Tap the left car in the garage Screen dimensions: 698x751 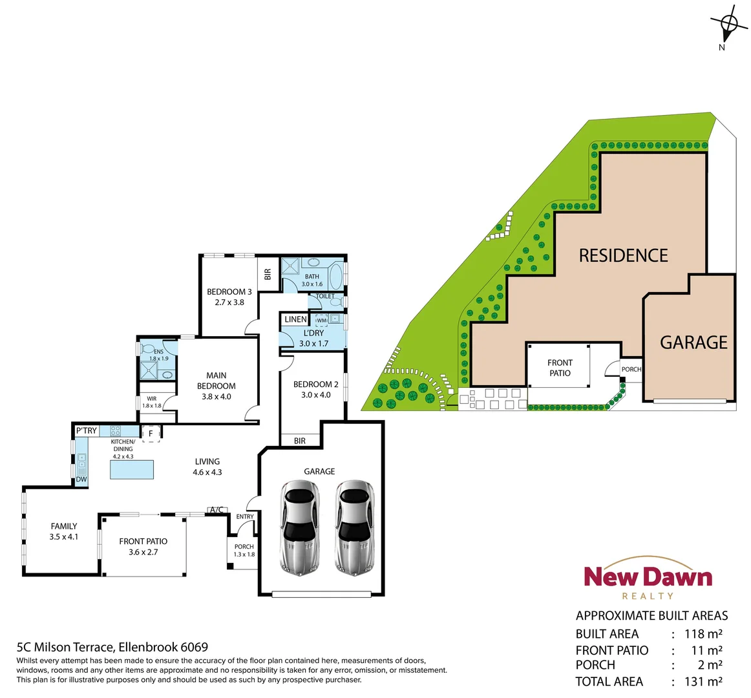[299, 527]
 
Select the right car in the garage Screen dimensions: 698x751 [354, 527]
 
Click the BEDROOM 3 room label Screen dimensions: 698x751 [229, 292]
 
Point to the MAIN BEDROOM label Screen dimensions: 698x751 [217, 381]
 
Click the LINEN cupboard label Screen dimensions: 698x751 [295, 319]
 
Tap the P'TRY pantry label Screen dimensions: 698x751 [87, 431]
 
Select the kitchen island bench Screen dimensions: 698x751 [132, 469]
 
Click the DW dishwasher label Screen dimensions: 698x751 [81, 480]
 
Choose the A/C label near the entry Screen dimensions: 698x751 [217, 510]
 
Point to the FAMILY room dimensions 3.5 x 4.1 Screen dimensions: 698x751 [64, 537]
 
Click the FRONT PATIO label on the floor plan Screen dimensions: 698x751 [143, 542]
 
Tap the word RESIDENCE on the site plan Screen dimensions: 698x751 [623, 256]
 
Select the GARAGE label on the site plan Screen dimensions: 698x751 [693, 343]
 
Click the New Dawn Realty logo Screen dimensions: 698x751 [648, 579]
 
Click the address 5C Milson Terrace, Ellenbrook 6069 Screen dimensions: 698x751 [112, 647]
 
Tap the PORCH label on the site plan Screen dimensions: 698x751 [631, 370]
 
